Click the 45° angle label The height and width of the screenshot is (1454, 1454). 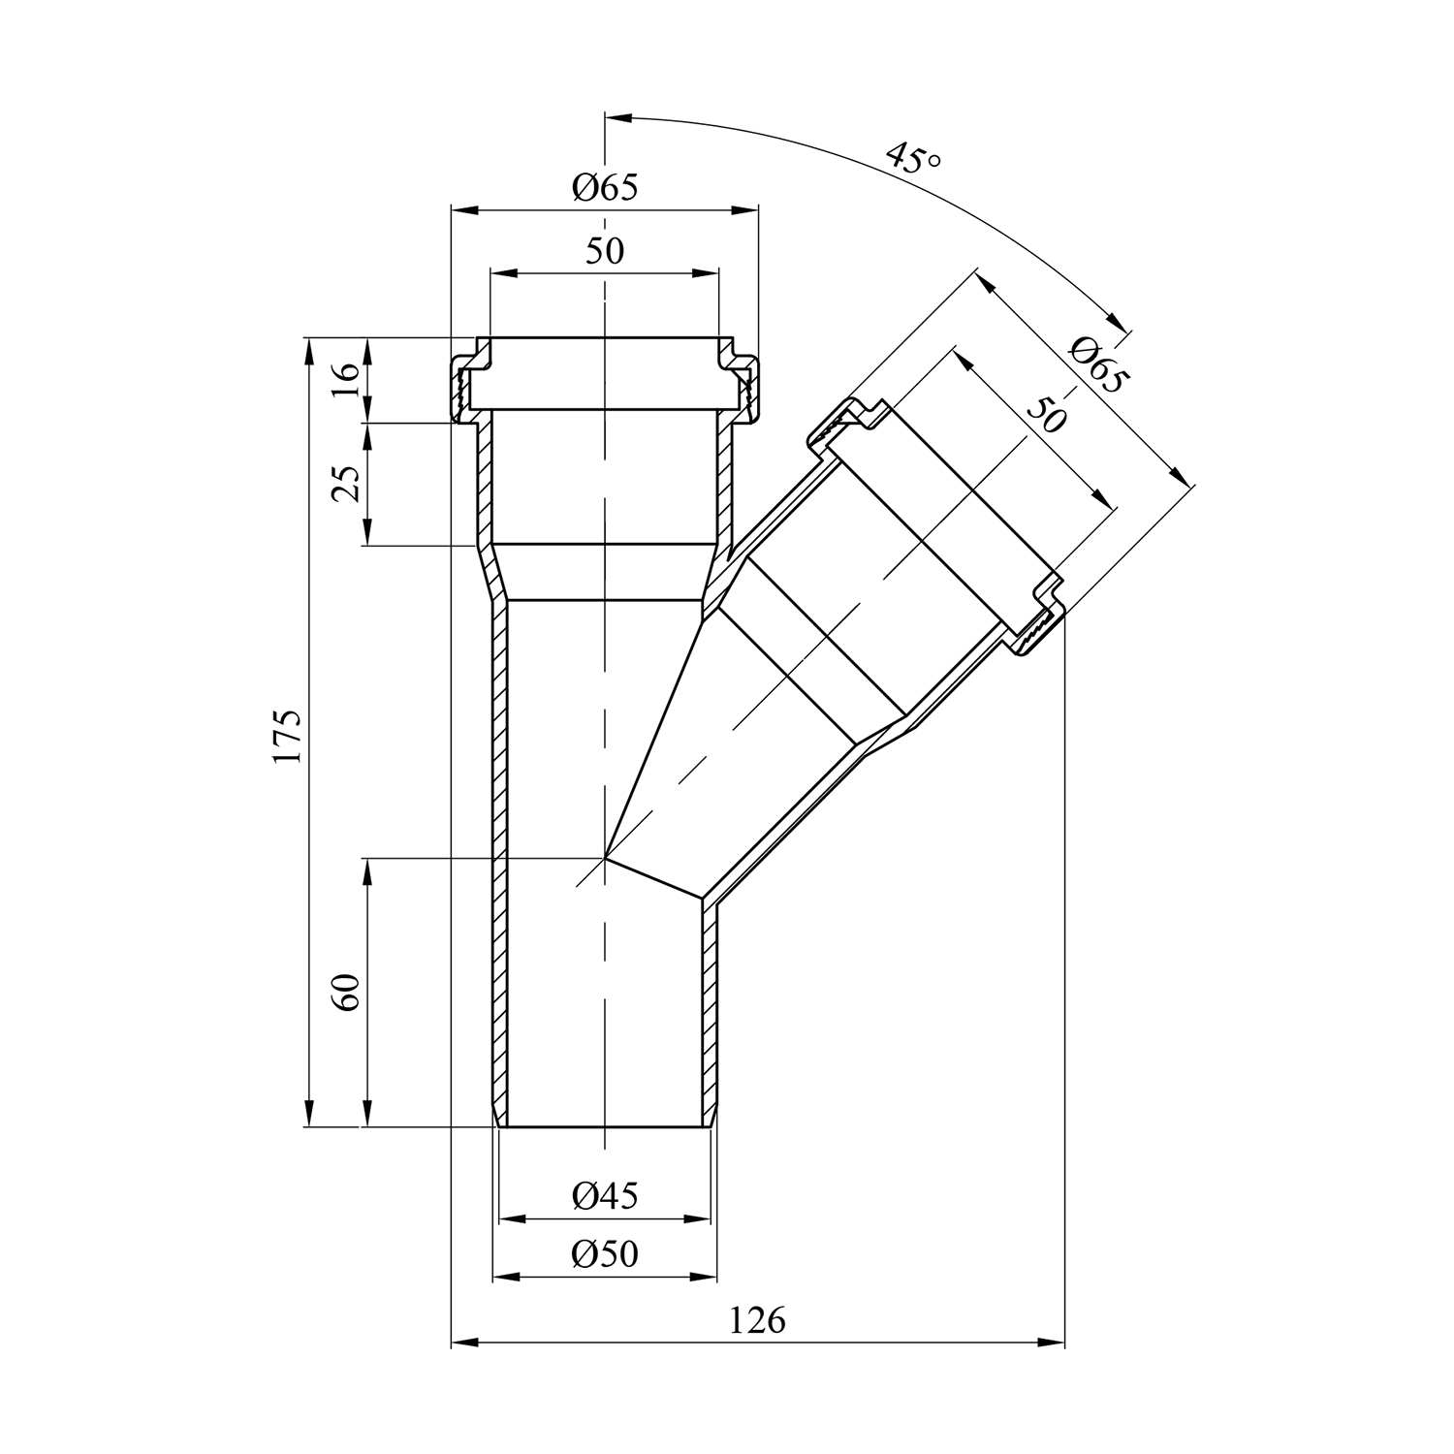point(912,158)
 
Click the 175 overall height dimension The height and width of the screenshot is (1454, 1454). point(288,737)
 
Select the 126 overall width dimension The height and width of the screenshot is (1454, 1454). point(758,1320)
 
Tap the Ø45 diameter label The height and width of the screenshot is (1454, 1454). point(605,1196)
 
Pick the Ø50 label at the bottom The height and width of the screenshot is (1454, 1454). point(605,1254)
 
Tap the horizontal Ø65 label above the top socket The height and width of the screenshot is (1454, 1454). point(605,187)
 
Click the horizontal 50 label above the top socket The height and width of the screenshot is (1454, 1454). point(605,251)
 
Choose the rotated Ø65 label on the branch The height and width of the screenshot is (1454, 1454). point(1098,363)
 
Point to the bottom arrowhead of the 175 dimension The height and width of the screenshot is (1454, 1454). point(309,1114)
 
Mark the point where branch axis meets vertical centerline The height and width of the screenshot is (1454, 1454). point(605,858)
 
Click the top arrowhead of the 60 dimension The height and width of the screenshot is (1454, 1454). point(368,871)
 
